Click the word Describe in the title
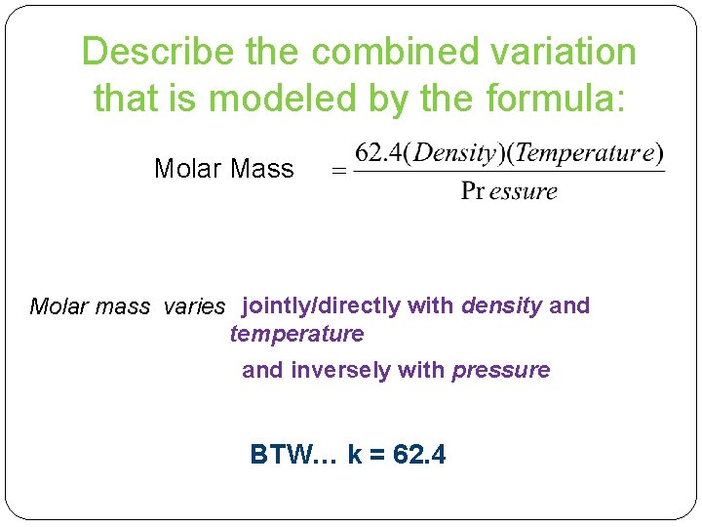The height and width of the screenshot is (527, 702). point(159,52)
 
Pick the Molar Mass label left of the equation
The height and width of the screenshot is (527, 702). point(224,169)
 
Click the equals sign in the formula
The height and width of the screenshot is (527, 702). point(339,172)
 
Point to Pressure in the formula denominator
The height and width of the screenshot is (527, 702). point(508,191)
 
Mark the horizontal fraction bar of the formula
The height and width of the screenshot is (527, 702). point(507,173)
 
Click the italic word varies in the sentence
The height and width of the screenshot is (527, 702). point(195,306)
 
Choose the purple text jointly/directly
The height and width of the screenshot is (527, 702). point(321,305)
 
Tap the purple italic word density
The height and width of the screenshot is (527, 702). point(501,305)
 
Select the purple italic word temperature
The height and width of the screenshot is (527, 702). point(296,334)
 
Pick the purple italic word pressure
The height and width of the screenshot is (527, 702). point(501,370)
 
